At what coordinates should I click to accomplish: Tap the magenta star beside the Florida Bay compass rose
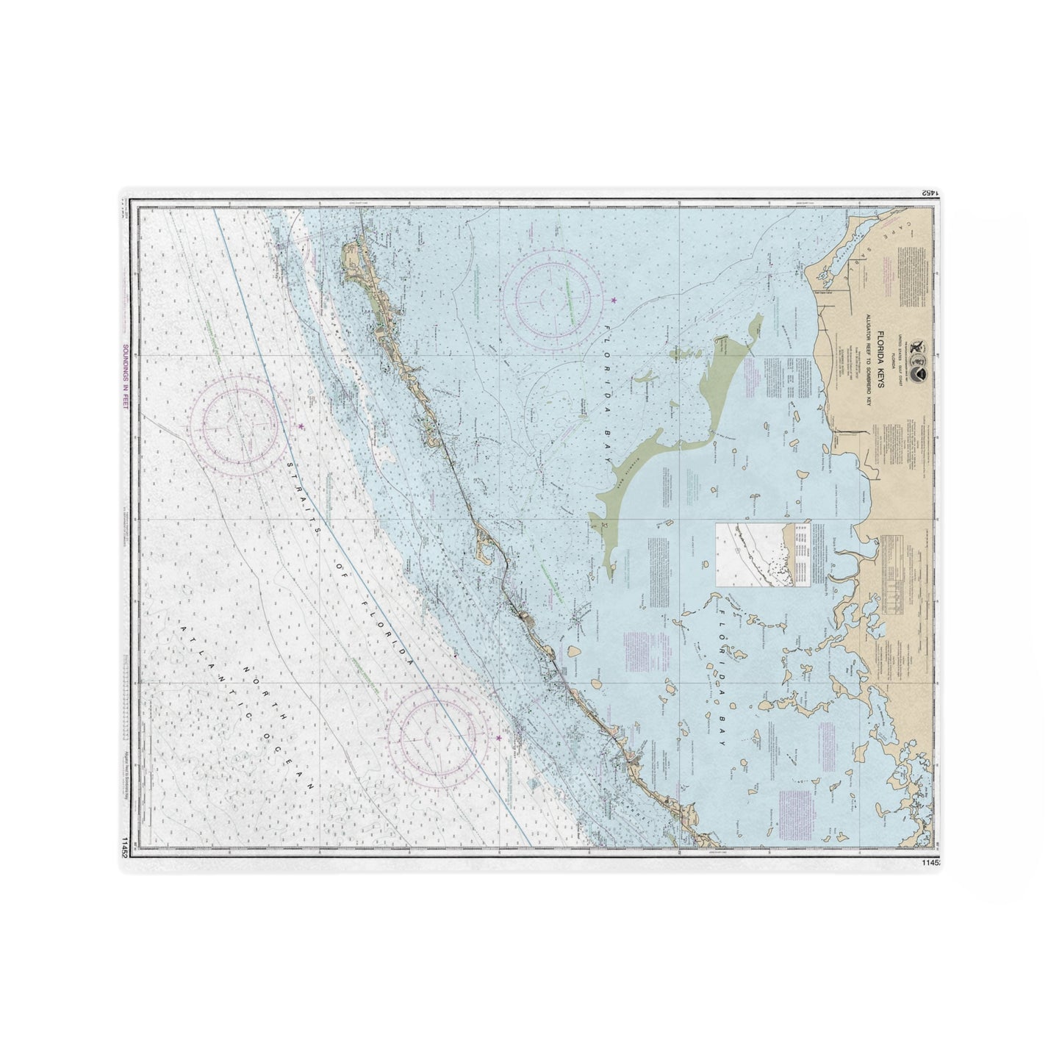[614, 300]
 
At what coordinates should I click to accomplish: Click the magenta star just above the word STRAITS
[301, 426]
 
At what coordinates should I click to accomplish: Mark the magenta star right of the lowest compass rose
[499, 737]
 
